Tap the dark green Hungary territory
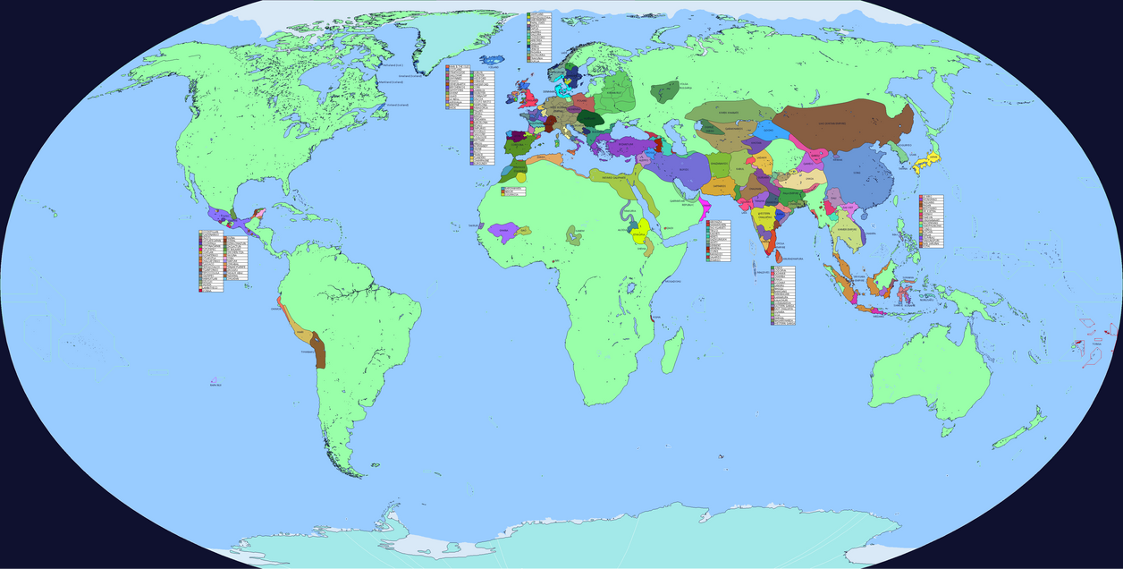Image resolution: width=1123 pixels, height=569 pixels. point(590,119)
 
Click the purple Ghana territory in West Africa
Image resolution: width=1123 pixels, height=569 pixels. point(503,232)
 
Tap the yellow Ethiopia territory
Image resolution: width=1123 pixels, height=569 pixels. point(640,234)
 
